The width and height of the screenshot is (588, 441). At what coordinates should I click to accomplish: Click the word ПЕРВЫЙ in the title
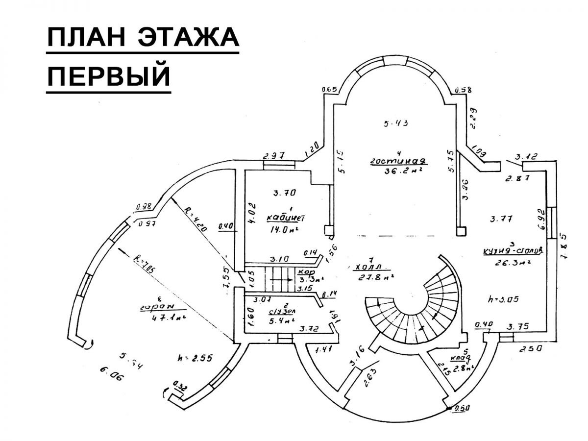(x=108, y=76)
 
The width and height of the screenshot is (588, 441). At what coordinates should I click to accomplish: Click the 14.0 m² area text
(x=284, y=229)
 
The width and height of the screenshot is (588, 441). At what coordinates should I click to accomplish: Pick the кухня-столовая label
(x=513, y=249)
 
